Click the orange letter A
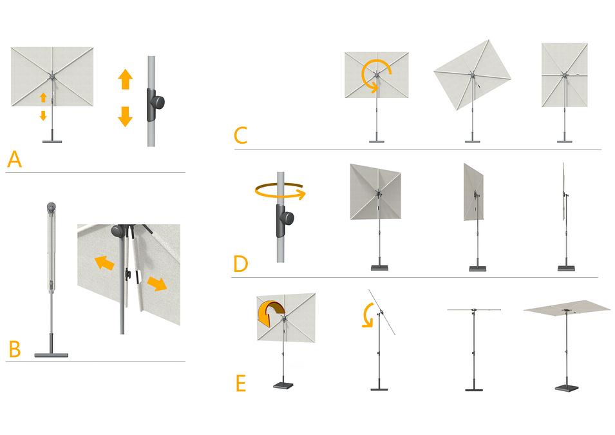click(15, 159)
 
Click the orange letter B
click(15, 349)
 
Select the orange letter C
click(240, 135)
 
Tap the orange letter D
click(240, 264)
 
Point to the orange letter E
click(240, 383)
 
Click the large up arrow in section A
click(125, 79)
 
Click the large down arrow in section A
click(125, 117)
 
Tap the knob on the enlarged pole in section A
click(158, 103)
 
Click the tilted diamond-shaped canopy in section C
click(472, 75)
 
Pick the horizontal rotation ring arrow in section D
click(280, 191)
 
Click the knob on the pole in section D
click(287, 218)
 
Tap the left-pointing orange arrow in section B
click(104, 262)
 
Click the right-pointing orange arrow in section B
click(157, 284)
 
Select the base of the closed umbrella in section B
click(51, 355)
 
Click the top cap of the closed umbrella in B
click(51, 206)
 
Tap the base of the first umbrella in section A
click(52, 141)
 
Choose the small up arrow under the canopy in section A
click(43, 97)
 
